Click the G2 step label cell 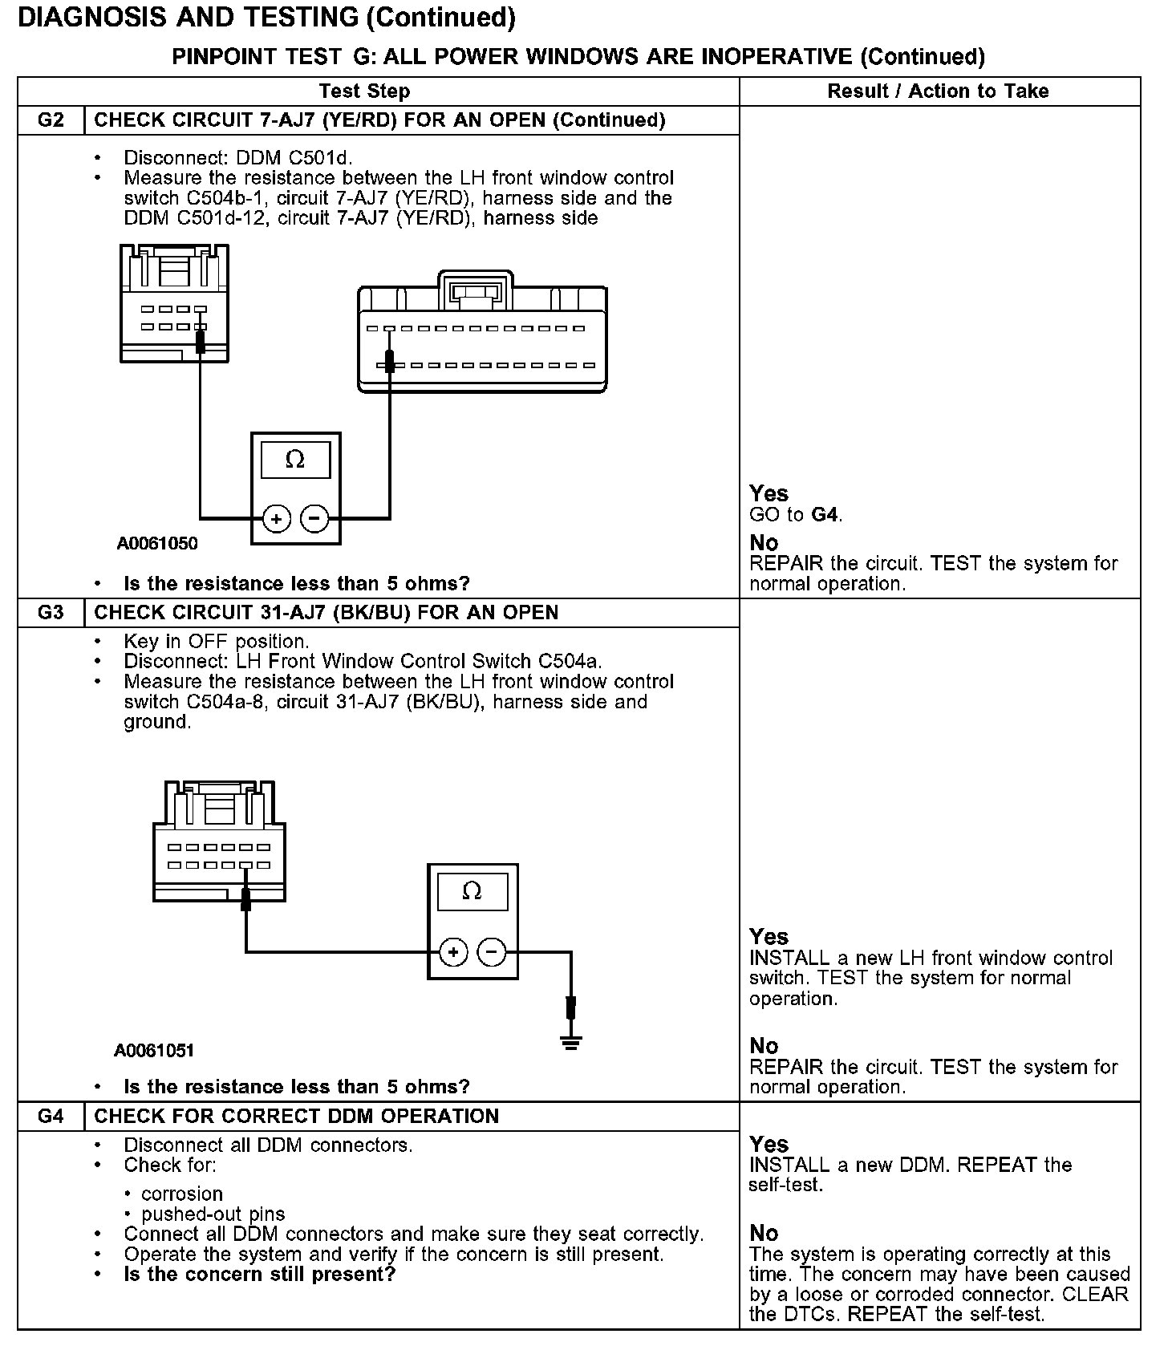click(51, 120)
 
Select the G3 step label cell click(51, 613)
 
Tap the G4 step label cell click(51, 1117)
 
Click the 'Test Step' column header click(364, 91)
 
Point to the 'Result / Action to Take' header click(938, 91)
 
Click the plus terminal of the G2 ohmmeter click(277, 519)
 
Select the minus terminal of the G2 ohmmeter click(314, 519)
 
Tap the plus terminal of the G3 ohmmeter click(453, 952)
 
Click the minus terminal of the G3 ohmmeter click(491, 952)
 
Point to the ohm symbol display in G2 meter click(295, 460)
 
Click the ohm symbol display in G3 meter click(472, 891)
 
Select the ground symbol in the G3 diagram click(570, 1042)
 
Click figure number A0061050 click(157, 544)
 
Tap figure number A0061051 click(154, 1051)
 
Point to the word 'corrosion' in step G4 click(182, 1194)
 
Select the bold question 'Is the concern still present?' click(259, 1275)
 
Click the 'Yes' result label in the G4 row click(769, 1145)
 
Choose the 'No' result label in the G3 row click(764, 1046)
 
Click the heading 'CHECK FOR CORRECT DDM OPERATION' click(296, 1117)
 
